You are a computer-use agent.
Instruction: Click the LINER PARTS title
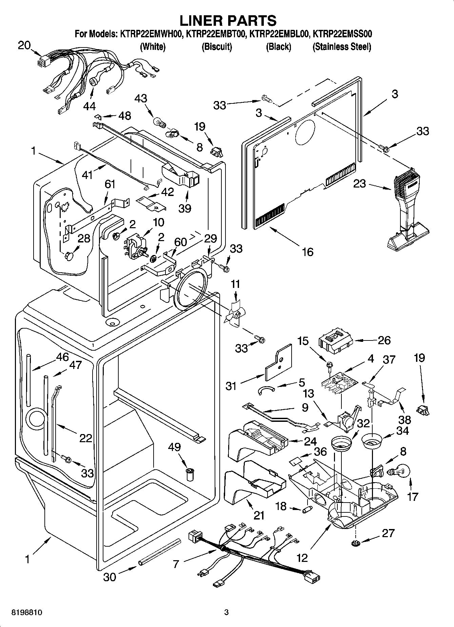(228, 21)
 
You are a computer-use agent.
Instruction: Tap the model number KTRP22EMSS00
(342, 34)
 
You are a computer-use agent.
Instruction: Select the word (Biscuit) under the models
(217, 46)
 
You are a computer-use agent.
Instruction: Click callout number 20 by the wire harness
(24, 45)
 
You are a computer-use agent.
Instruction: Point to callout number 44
(90, 106)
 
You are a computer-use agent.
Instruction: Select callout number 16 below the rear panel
(307, 252)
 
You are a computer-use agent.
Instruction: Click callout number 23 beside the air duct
(360, 184)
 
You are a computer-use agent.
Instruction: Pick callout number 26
(384, 340)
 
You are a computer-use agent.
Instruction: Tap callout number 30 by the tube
(110, 576)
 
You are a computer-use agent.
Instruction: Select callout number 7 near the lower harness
(176, 564)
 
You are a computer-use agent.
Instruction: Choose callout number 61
(110, 184)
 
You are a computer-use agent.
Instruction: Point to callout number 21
(259, 515)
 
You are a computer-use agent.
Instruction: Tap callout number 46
(62, 357)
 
